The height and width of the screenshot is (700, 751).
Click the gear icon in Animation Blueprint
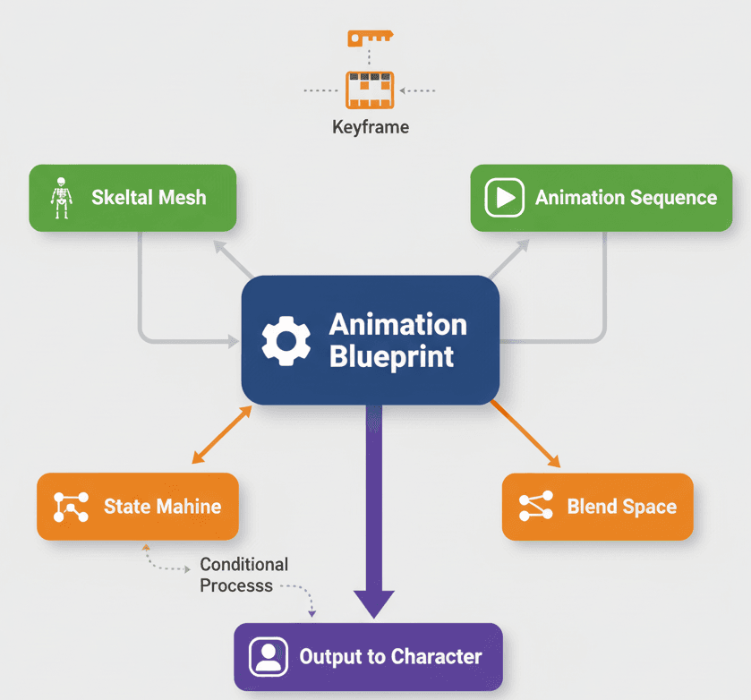[286, 341]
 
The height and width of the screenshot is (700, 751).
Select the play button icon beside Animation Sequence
[504, 198]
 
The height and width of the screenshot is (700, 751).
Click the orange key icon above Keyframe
[370, 38]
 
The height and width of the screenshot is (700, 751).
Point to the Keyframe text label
[371, 127]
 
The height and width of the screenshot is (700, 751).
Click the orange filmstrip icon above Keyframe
[370, 90]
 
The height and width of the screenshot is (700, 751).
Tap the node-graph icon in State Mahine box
[71, 507]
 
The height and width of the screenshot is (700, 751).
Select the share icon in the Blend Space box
[536, 507]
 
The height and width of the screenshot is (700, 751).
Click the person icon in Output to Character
[268, 657]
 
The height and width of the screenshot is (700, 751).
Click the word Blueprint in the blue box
[391, 356]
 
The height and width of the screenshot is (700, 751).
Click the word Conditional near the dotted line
[243, 565]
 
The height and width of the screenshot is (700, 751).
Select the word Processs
[236, 586]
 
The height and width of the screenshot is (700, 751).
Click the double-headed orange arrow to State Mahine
[222, 435]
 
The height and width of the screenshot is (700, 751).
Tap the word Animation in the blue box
[397, 324]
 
